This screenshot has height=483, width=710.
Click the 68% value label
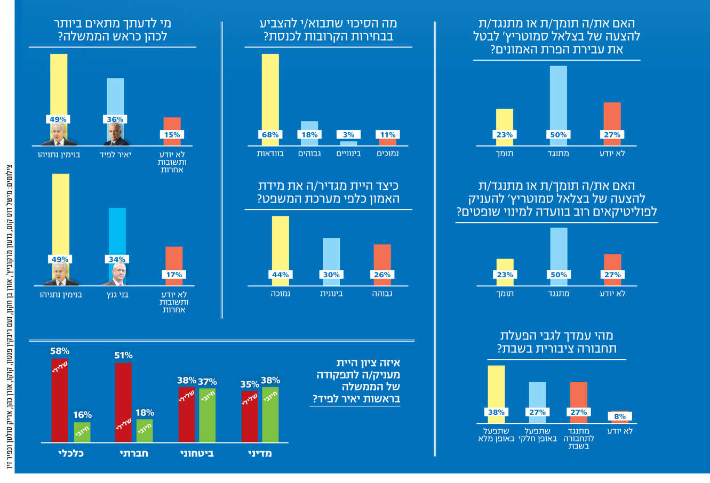pos(270,135)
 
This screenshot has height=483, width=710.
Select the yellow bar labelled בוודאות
pos(270,91)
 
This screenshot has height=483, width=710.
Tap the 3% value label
pos(348,135)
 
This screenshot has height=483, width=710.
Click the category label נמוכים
pos(388,154)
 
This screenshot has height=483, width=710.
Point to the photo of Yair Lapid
pos(116,135)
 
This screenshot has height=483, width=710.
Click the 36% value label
pos(115,119)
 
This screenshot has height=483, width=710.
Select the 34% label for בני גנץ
pos(117,260)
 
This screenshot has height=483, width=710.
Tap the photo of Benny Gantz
pos(117,275)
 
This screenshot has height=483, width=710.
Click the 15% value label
pos(172,135)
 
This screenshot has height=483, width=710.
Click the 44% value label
pos(280,275)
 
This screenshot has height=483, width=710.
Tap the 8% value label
pos(619,417)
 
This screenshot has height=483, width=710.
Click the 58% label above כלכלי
pos(60,351)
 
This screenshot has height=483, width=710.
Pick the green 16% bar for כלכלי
pos(82,432)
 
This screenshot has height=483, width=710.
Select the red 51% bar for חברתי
pos(123,402)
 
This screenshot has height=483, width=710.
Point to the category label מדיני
pos(261,454)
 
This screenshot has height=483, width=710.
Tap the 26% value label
pos(382,275)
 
